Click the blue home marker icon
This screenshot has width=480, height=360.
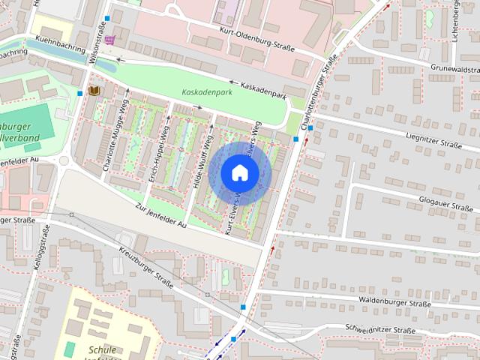coord(240,172)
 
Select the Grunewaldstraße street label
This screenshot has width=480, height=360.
coord(454,68)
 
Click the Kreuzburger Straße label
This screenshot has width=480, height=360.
coord(145,270)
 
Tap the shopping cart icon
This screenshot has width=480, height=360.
coord(111,40)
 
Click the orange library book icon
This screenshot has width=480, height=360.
coord(94,91)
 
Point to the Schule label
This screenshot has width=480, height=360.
coord(102,349)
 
